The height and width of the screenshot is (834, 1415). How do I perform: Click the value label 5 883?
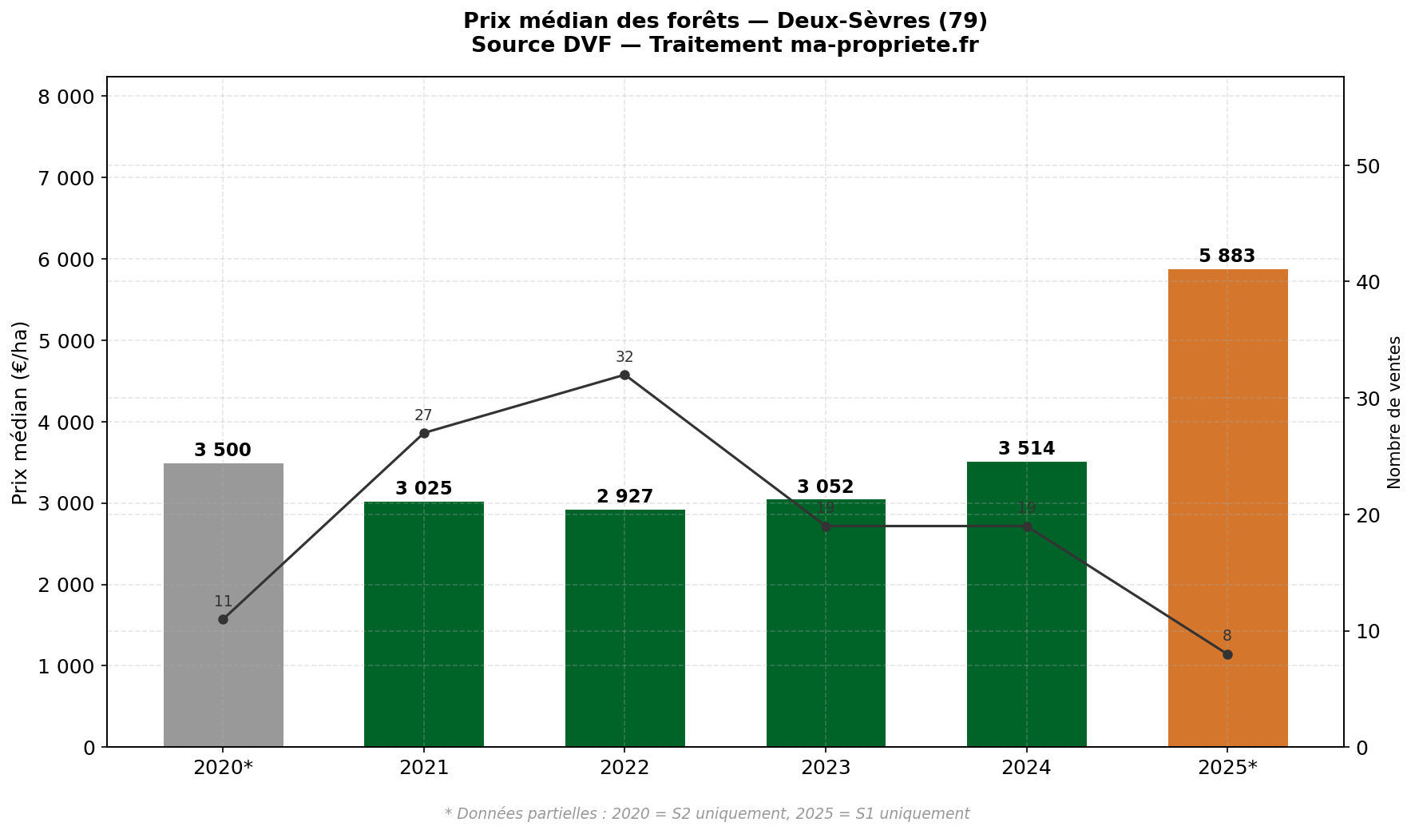(x=1227, y=256)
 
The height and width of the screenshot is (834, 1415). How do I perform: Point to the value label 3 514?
(x=1026, y=449)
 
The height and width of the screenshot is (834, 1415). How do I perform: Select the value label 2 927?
(x=624, y=497)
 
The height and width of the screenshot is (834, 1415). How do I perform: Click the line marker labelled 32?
(x=624, y=375)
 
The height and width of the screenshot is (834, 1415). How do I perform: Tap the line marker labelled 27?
(x=424, y=433)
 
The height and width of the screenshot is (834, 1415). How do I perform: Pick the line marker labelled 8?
(x=1227, y=654)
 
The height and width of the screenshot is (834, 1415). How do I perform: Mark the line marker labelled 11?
(x=223, y=619)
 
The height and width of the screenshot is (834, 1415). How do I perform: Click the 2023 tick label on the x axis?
(x=826, y=768)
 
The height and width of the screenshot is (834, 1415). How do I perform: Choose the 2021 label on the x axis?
(x=424, y=768)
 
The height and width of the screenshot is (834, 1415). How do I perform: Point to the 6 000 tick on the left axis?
(x=66, y=260)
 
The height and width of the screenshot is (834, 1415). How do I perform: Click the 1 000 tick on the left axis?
(x=66, y=666)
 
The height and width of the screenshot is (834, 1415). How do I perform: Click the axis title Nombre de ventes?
(x=1394, y=412)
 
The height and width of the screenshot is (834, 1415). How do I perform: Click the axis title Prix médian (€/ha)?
(x=21, y=412)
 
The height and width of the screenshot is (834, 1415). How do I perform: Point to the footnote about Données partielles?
(x=707, y=814)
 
